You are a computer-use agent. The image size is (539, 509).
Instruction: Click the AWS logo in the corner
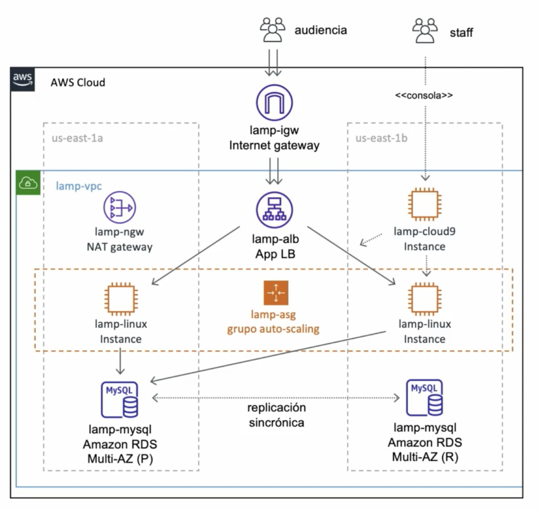[23, 79]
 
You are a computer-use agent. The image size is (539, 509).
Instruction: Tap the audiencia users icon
[272, 30]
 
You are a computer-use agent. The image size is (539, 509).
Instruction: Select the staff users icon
[425, 31]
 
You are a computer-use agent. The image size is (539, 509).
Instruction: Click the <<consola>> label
[424, 96]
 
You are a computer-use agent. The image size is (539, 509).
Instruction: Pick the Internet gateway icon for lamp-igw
[275, 103]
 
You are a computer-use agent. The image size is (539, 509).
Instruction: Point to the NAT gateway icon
[120, 208]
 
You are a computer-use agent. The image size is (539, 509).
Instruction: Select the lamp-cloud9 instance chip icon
[425, 205]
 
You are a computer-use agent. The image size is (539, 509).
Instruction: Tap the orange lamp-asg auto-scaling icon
[276, 293]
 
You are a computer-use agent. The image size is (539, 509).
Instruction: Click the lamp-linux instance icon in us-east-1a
[121, 299]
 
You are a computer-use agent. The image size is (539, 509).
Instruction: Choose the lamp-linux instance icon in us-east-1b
[425, 299]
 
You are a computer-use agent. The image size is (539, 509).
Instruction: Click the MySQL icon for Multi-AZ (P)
[120, 399]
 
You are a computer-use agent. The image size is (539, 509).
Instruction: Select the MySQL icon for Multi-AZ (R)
[425, 397]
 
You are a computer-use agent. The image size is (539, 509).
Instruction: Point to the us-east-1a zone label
[77, 138]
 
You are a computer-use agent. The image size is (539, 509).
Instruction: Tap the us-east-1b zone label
[381, 138]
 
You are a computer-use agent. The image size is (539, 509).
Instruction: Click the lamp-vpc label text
[79, 186]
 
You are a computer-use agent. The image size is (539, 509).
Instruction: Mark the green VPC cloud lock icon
[28, 183]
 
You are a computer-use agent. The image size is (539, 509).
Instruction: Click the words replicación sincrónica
[276, 415]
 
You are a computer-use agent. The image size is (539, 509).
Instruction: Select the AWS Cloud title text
[78, 83]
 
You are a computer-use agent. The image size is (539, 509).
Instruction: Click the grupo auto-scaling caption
[273, 329]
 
